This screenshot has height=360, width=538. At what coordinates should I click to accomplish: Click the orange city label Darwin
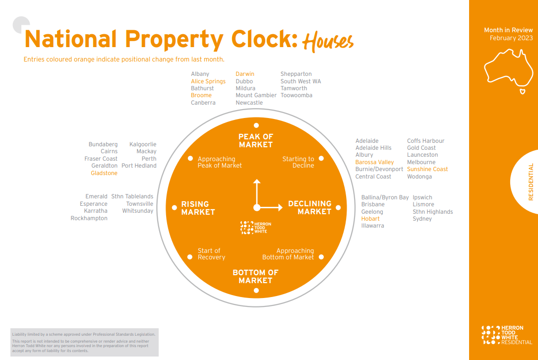click(244, 74)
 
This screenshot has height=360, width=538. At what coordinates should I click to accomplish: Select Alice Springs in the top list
click(208, 81)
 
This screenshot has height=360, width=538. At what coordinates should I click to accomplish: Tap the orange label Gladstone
click(104, 173)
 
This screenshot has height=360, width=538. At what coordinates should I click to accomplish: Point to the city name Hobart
click(370, 219)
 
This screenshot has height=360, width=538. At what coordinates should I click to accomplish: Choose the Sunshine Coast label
click(427, 169)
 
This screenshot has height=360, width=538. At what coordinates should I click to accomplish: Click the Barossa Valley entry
click(374, 162)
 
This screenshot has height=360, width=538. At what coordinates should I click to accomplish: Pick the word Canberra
click(203, 103)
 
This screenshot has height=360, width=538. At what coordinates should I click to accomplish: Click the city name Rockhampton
click(89, 218)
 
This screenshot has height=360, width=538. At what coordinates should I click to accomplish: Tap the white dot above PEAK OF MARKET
click(256, 125)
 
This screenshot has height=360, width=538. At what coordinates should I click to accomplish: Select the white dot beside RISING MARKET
click(174, 207)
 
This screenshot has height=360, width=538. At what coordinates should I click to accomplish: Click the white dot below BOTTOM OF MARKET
click(256, 291)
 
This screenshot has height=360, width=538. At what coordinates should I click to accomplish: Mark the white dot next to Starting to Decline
click(321, 159)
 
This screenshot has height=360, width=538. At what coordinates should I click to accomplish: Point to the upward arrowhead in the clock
click(256, 182)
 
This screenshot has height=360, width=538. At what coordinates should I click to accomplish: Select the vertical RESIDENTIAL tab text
click(531, 182)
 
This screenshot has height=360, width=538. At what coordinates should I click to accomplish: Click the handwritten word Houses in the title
click(328, 42)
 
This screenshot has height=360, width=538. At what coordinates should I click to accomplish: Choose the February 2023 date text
click(511, 38)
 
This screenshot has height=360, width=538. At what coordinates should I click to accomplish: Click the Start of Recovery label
click(211, 254)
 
